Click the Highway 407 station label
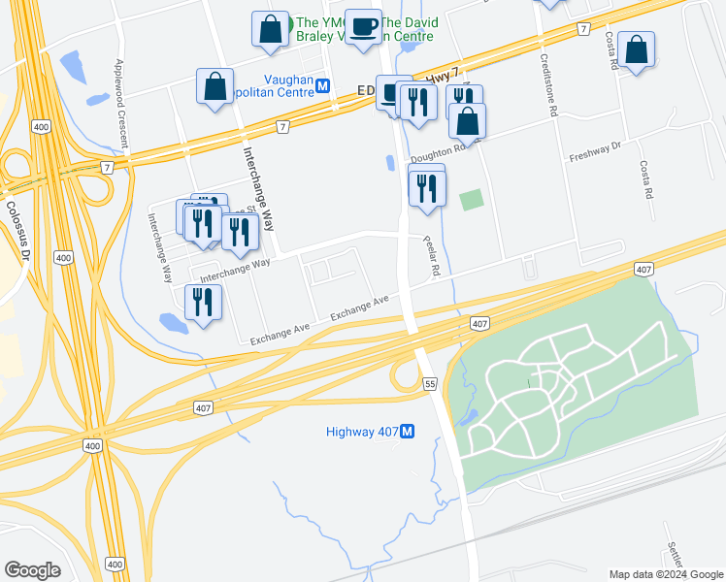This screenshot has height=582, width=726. (363, 431)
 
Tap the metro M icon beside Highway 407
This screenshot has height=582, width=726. (409, 431)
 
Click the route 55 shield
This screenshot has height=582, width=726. (430, 385)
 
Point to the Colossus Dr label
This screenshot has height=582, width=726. (17, 228)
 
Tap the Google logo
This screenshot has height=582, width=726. (32, 570)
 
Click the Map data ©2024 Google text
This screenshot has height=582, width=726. (666, 574)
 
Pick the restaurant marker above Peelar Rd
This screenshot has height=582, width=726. (427, 188)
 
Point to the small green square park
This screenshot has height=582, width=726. (471, 200)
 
